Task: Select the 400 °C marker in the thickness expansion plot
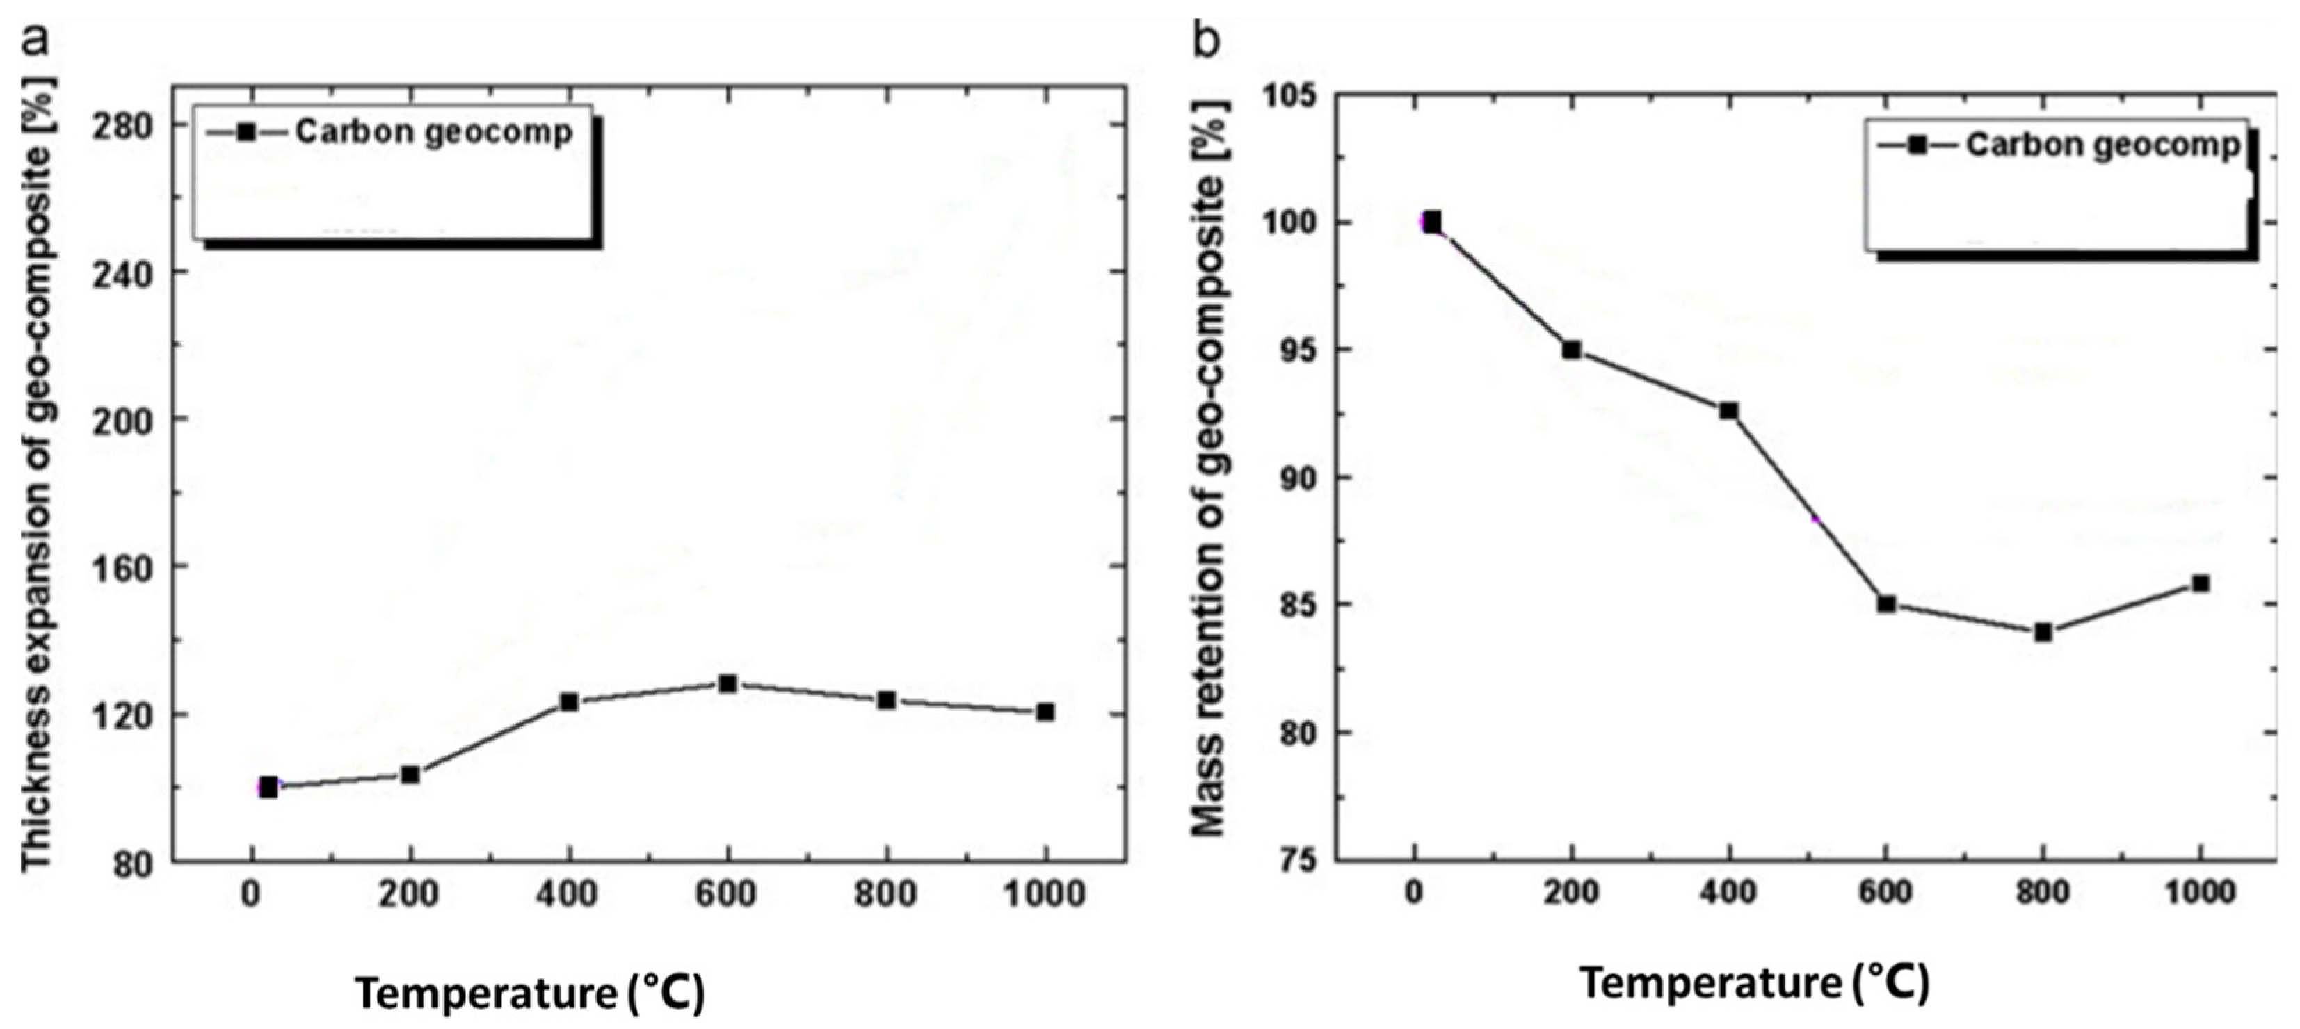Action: tap(569, 702)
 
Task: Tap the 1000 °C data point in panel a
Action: tap(1045, 711)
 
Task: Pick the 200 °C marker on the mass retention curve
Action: tap(1571, 350)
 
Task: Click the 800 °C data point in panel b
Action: tap(2043, 633)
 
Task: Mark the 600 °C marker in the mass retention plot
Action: tap(1885, 604)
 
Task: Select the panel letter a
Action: tap(35, 38)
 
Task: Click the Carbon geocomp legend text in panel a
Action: tap(434, 132)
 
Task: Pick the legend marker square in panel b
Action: tap(1916, 145)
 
